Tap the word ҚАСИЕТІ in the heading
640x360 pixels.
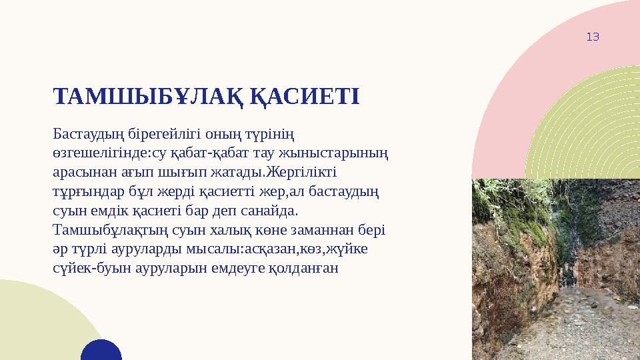306,96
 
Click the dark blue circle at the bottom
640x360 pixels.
101,351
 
